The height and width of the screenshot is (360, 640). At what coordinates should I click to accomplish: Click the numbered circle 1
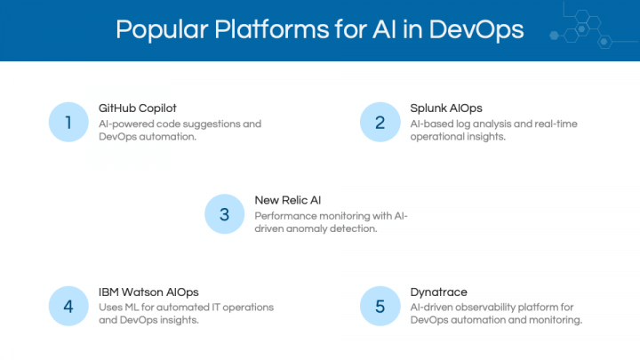click(x=68, y=122)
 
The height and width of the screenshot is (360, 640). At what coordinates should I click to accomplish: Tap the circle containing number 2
click(x=380, y=122)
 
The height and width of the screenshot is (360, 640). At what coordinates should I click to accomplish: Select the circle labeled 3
click(x=225, y=214)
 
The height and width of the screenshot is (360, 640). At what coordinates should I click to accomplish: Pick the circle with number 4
click(x=68, y=306)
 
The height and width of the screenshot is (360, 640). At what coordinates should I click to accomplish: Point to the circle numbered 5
click(x=380, y=306)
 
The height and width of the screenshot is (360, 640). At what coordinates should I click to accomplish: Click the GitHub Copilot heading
click(x=138, y=108)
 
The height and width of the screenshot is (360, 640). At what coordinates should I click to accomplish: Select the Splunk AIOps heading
click(x=446, y=108)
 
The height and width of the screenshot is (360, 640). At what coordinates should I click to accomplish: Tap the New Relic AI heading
click(x=288, y=200)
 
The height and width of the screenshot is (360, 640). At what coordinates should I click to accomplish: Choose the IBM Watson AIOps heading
click(x=148, y=292)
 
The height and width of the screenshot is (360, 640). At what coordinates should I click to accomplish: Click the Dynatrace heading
click(x=439, y=292)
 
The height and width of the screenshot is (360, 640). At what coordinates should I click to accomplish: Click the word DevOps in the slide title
click(x=476, y=30)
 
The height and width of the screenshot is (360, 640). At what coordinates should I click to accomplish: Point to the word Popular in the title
click(x=162, y=30)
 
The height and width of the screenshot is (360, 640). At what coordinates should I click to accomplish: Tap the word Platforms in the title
click(x=272, y=29)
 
